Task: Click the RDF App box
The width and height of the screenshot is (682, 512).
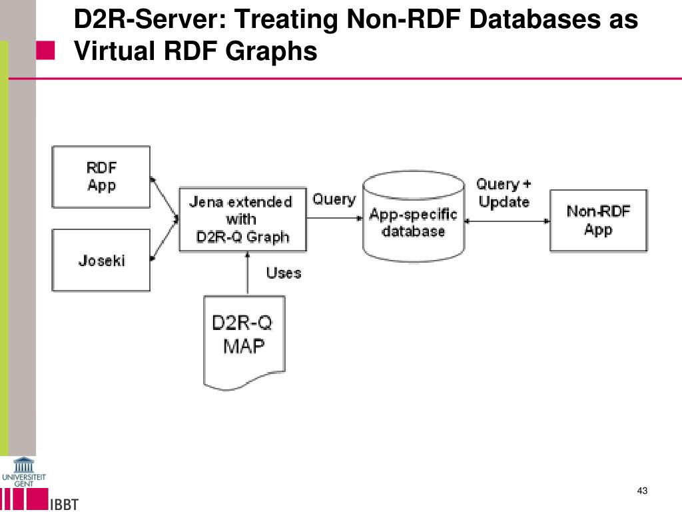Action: click(101, 177)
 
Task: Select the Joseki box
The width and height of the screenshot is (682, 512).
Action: click(101, 261)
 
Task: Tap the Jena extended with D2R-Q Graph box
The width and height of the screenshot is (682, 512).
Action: click(242, 219)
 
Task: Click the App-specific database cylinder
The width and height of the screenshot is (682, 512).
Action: click(414, 217)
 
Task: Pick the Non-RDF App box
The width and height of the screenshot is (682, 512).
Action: click(599, 221)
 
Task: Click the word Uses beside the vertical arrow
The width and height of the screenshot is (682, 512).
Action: click(284, 273)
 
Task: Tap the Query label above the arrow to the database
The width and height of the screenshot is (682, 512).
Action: click(334, 199)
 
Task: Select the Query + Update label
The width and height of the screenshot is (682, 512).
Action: click(504, 193)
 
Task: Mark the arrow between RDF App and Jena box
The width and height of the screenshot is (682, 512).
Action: click(164, 198)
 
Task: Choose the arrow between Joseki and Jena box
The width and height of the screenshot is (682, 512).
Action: click(164, 239)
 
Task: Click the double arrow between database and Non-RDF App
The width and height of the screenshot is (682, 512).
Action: click(507, 221)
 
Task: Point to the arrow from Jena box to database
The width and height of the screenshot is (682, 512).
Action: click(334, 218)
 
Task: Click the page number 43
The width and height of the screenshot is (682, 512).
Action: click(642, 491)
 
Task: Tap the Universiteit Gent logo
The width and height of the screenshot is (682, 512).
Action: click(23, 472)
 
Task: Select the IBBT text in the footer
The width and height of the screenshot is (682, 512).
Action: click(65, 504)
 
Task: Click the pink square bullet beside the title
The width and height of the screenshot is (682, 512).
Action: click(45, 51)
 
